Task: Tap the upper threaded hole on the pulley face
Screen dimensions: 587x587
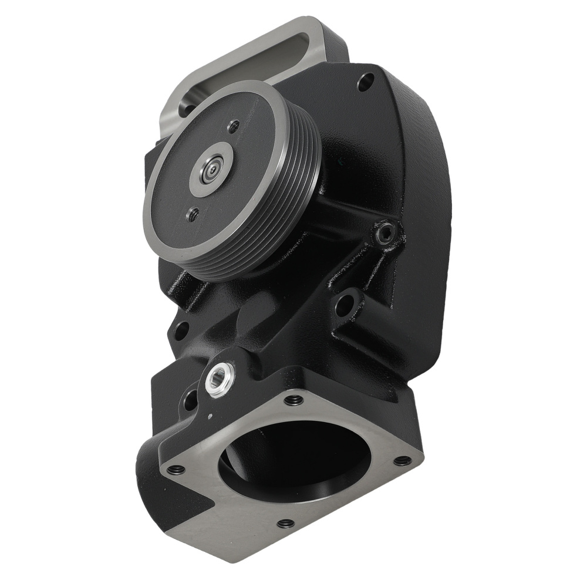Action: click(x=234, y=125)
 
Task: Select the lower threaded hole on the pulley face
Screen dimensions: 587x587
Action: click(x=192, y=215)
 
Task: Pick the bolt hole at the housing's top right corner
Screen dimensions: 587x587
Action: click(x=365, y=82)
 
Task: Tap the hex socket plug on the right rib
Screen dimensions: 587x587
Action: click(x=384, y=234)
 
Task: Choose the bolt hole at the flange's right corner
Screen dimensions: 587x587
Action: click(x=402, y=460)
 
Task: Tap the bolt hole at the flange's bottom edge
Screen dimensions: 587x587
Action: click(x=286, y=523)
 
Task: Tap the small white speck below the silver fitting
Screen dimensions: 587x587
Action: click(x=210, y=417)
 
